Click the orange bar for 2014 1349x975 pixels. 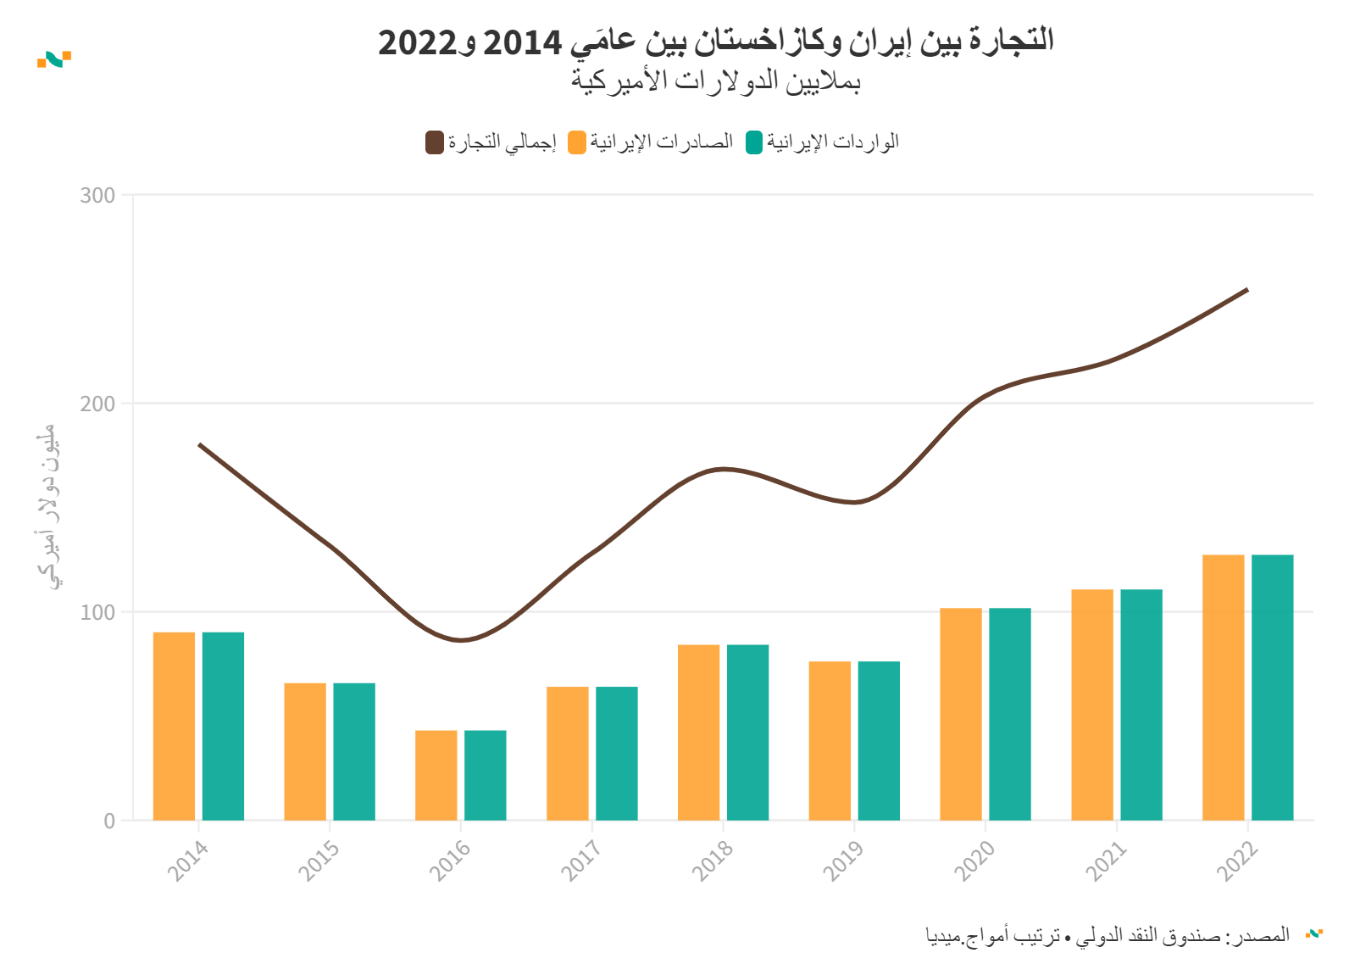point(174,726)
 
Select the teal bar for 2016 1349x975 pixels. point(486,775)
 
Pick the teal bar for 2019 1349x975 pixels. point(879,740)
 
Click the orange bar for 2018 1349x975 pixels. point(698,732)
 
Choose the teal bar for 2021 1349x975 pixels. point(1141,705)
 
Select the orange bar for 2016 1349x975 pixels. point(436,775)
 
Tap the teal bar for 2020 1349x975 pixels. point(1010,714)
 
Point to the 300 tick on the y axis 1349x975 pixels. point(98,196)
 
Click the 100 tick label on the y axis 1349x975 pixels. point(98,612)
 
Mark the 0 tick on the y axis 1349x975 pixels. point(109,821)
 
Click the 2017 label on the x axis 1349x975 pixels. point(581,860)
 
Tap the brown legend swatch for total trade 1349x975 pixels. point(435,142)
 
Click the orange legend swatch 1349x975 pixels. point(577,142)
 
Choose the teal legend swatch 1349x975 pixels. point(754,142)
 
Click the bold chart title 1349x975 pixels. point(716,41)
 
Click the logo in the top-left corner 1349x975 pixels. point(54,58)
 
